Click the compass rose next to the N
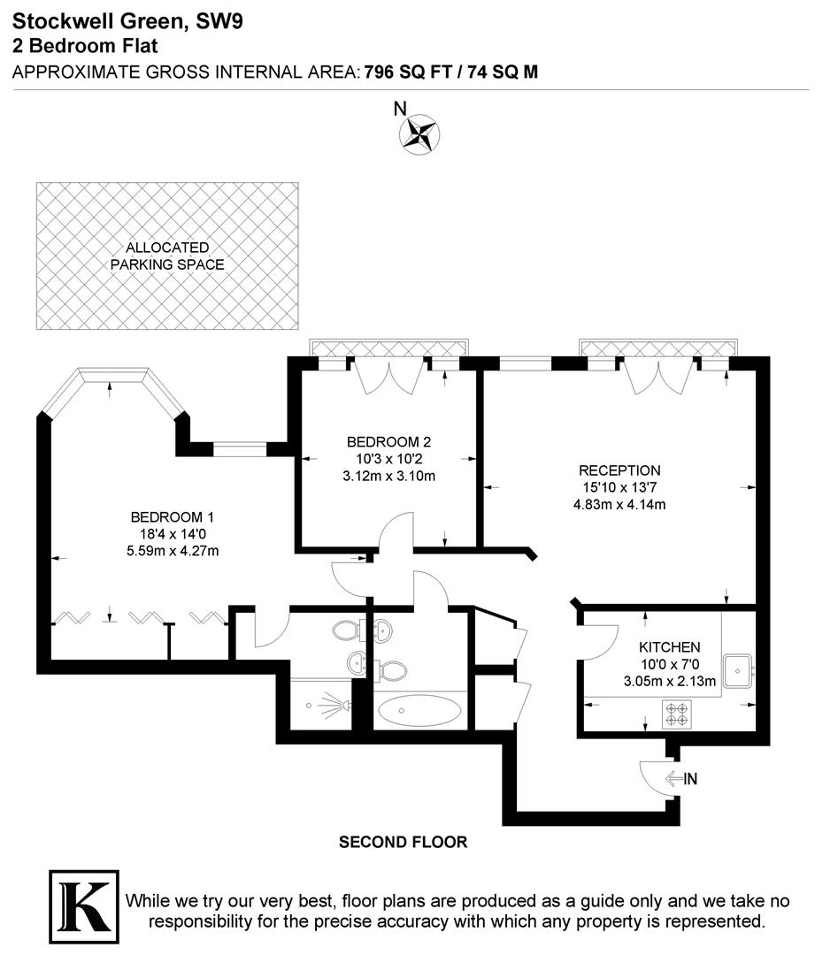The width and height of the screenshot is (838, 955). (419, 134)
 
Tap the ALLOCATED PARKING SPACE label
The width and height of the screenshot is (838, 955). (167, 256)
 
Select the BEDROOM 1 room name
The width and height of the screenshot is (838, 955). (172, 517)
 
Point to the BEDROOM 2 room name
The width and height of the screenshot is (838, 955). (388, 442)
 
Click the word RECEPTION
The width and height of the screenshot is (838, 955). (619, 470)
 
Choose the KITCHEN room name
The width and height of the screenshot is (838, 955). (670, 647)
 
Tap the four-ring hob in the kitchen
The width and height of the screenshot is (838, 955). (677, 714)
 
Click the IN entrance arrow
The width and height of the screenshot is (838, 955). (682, 779)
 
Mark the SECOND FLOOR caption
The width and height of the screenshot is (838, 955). (403, 843)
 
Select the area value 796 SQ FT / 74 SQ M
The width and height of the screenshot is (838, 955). (451, 73)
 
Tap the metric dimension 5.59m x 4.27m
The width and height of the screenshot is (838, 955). (172, 551)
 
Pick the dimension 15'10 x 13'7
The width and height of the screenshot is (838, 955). (619, 487)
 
